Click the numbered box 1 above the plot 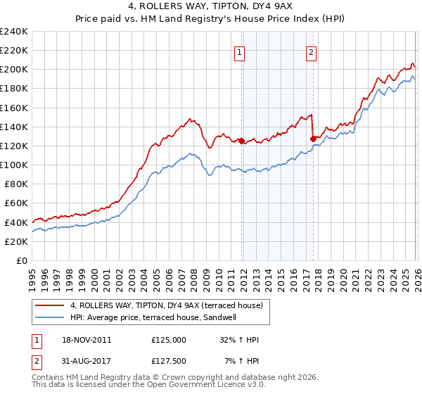tap(240, 51)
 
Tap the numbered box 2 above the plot tap(311, 51)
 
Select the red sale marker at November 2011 tap(241, 141)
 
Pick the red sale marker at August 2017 tap(313, 139)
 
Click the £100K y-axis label tap(14, 165)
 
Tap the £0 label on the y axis tap(21, 260)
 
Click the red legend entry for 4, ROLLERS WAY tap(166, 305)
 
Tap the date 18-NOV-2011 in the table tap(80, 340)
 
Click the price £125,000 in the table tap(168, 340)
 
